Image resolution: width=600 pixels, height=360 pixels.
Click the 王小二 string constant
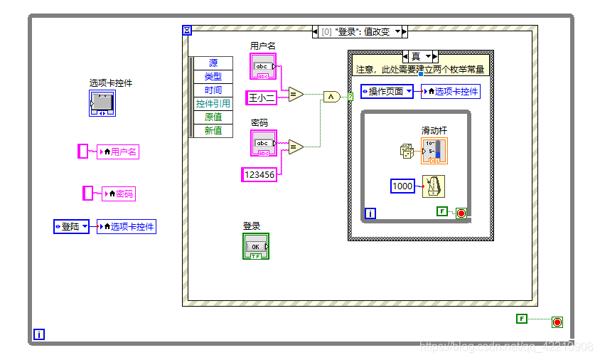(261, 97)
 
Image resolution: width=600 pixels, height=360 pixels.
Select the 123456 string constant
(259, 174)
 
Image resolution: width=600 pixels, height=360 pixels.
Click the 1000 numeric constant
(402, 186)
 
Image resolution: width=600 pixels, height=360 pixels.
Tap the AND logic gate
(331, 97)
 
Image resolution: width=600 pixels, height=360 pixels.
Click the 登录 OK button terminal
(256, 246)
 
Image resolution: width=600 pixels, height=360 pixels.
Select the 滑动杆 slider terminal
(434, 152)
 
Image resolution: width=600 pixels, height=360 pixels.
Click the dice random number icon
(406, 150)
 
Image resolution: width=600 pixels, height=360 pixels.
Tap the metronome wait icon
(434, 186)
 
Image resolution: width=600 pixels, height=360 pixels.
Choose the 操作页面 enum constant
(387, 92)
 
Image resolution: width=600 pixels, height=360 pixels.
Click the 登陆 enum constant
(72, 227)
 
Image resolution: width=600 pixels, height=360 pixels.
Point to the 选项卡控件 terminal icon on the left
(102, 103)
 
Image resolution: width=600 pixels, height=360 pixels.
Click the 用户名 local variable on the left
(117, 152)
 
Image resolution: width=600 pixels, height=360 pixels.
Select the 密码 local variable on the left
(119, 194)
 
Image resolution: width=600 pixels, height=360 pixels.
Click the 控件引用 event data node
(213, 104)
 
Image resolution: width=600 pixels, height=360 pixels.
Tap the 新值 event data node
(213, 130)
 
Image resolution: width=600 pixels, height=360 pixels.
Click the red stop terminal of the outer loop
(557, 322)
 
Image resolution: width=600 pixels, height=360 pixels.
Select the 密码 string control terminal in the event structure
(263, 144)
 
